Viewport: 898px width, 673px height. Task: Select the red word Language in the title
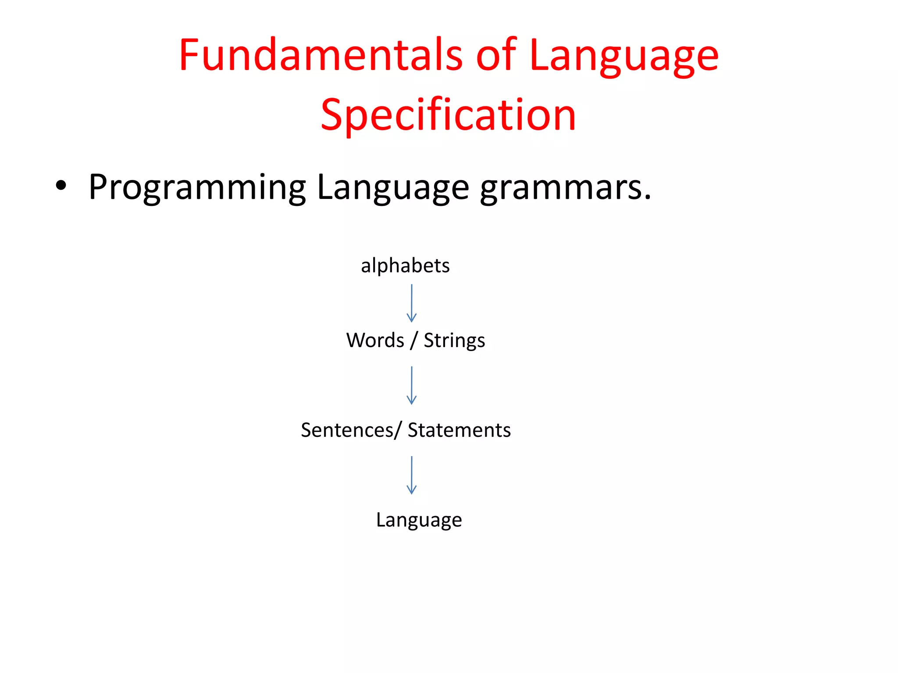624,57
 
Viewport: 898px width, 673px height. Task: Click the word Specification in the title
448,115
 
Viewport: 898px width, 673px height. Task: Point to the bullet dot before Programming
61,186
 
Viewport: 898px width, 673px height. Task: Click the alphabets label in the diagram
405,266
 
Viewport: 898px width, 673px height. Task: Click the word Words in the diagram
375,340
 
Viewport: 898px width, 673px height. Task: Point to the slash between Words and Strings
414,340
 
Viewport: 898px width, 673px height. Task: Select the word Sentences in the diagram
347,430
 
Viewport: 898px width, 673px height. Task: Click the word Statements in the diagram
459,430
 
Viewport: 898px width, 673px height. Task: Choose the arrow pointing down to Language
411,475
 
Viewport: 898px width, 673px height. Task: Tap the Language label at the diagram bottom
419,521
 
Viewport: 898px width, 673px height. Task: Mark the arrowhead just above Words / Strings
411,318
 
